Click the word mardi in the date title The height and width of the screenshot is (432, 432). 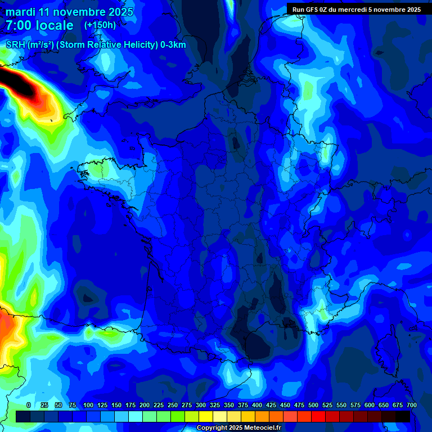tap(21, 12)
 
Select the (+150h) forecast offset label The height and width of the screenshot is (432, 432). tap(100, 25)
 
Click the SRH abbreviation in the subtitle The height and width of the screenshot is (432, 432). tap(16, 45)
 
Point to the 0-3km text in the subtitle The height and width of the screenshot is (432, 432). tap(173, 45)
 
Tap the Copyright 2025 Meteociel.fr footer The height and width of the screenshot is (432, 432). tap(238, 428)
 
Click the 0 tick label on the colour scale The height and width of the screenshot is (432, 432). tap(29, 405)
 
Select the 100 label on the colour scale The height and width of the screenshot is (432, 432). tap(88, 405)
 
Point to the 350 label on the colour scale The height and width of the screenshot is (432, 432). tap(229, 405)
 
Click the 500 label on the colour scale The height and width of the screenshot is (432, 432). tap(313, 405)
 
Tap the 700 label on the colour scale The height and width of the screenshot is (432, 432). tap(411, 405)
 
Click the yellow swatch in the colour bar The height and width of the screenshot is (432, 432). tap(206, 416)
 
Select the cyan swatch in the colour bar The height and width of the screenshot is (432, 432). tap(136, 416)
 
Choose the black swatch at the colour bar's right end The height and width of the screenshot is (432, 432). tap(403, 416)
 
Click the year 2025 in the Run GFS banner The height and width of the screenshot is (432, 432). tap(412, 9)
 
